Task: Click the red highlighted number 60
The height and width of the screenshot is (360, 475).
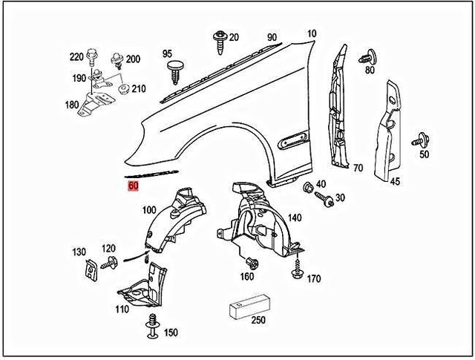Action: tap(134, 186)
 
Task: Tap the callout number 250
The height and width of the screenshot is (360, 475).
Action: tap(258, 321)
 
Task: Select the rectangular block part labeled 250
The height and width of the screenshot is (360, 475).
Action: tap(249, 304)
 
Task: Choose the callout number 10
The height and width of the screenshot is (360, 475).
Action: tap(310, 34)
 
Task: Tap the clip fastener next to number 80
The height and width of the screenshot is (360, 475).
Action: tap(364, 57)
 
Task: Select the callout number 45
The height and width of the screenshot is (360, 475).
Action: tap(395, 180)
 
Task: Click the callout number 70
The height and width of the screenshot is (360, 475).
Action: tap(357, 168)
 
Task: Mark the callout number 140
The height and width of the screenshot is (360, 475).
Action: tap(294, 218)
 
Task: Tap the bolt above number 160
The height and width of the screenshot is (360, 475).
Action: tap(251, 263)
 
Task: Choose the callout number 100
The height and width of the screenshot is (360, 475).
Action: tap(148, 211)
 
